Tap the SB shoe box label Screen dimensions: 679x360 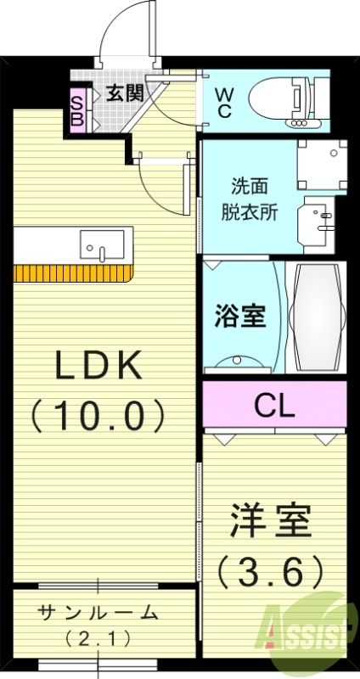tap(76, 109)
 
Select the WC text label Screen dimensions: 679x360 tap(223, 101)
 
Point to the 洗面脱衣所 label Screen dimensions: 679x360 tap(255, 197)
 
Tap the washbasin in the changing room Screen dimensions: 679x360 tap(321, 222)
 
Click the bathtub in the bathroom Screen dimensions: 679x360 tap(318, 317)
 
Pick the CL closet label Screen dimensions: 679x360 tap(274, 406)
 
